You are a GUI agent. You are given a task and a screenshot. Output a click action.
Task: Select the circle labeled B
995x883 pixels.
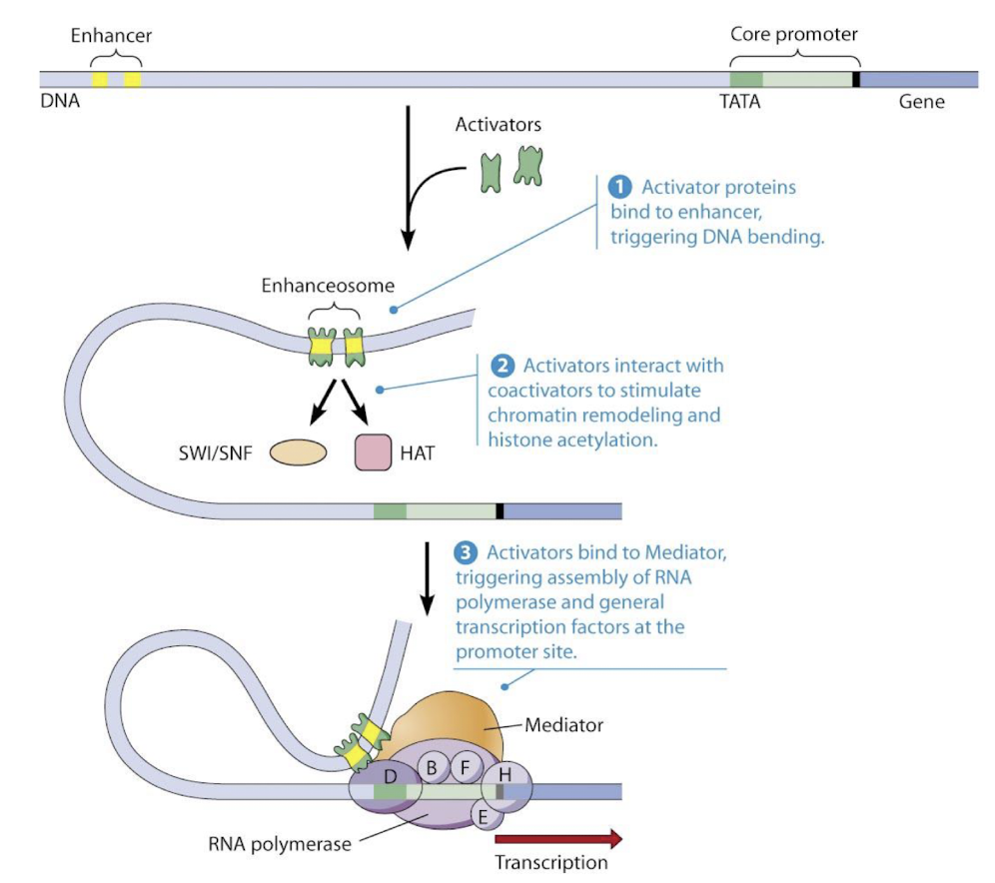coord(433,767)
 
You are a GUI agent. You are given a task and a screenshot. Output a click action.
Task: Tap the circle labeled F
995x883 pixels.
coord(465,767)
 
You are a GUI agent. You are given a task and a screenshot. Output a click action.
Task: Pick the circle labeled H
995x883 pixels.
coord(505,775)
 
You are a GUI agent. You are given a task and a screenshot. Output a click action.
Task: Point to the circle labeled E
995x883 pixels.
coord(486,815)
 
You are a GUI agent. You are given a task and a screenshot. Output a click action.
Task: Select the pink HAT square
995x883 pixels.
coord(373,452)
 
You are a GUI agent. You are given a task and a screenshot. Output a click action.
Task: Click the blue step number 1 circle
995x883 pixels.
coord(620,187)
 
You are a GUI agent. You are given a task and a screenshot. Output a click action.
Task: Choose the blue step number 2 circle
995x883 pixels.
coord(504,366)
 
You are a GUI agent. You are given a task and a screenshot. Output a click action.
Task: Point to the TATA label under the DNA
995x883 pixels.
coord(739,102)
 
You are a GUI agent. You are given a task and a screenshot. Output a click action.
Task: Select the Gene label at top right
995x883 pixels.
coord(921,102)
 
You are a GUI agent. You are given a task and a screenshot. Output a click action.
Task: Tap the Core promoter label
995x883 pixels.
coord(794,33)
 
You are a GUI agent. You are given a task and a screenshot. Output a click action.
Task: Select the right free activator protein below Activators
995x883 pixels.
coord(527,166)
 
